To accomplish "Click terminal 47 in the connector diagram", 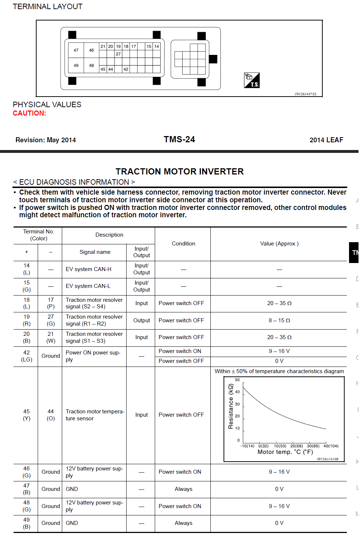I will click(x=76, y=50).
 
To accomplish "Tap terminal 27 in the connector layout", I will click(x=118, y=54).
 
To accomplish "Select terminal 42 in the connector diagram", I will click(x=126, y=69).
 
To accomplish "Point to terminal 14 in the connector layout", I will click(x=157, y=46).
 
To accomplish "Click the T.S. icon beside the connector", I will click(x=252, y=80).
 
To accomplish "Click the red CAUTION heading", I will click(x=29, y=113).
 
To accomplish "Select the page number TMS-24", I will click(x=179, y=139).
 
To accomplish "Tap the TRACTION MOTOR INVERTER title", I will click(x=180, y=172).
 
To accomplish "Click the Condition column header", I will click(x=183, y=244).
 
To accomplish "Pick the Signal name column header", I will click(x=95, y=252).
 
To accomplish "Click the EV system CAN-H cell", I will click(x=89, y=269).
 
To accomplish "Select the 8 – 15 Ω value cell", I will click(x=279, y=320).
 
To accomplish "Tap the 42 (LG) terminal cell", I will click(x=26, y=356).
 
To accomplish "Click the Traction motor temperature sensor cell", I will click(x=95, y=415).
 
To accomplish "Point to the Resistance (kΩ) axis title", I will click(x=230, y=406).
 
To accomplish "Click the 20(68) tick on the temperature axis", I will click(x=297, y=446).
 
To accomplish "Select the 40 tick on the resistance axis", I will click(x=237, y=392).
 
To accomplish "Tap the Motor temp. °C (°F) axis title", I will click(x=285, y=452).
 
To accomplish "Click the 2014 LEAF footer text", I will click(x=326, y=140).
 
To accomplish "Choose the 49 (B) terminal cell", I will click(x=26, y=523).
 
